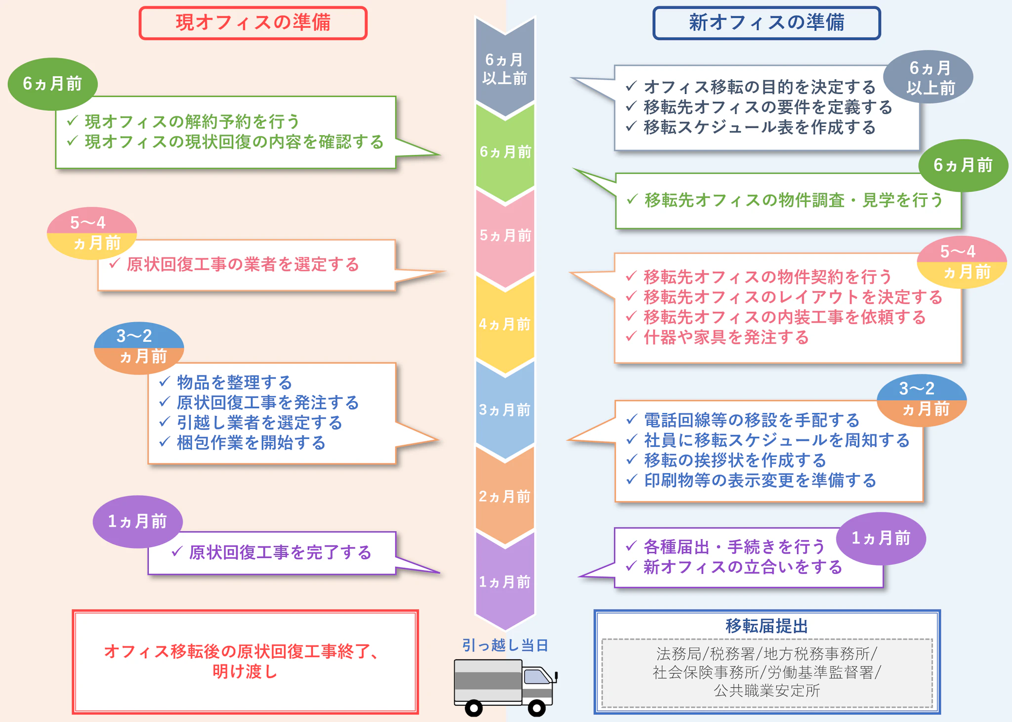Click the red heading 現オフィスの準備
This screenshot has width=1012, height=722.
(x=253, y=23)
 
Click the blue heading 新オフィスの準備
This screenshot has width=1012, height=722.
(x=766, y=23)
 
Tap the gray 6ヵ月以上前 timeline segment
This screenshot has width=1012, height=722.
(x=505, y=69)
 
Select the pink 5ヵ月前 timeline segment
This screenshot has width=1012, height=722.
(x=505, y=235)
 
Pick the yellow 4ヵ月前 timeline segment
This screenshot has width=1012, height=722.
(x=505, y=324)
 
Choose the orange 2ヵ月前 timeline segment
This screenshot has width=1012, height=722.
(x=505, y=496)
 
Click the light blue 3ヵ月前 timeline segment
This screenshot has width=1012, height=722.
(x=505, y=410)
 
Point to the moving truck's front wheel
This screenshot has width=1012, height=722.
(x=537, y=708)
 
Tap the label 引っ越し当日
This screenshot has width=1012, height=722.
(x=505, y=645)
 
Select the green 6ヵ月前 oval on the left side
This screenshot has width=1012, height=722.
(x=52, y=84)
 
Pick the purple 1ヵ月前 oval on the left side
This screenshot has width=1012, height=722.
(x=137, y=521)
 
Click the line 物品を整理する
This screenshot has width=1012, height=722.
(x=234, y=382)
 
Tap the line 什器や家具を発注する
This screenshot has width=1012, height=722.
(x=726, y=337)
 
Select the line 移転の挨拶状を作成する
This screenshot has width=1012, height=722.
(x=735, y=460)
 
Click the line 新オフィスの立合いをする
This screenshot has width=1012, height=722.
(x=743, y=567)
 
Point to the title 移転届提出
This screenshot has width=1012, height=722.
(x=766, y=626)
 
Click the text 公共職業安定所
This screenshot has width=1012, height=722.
(x=766, y=690)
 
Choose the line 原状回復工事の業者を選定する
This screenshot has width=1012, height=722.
(x=243, y=264)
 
